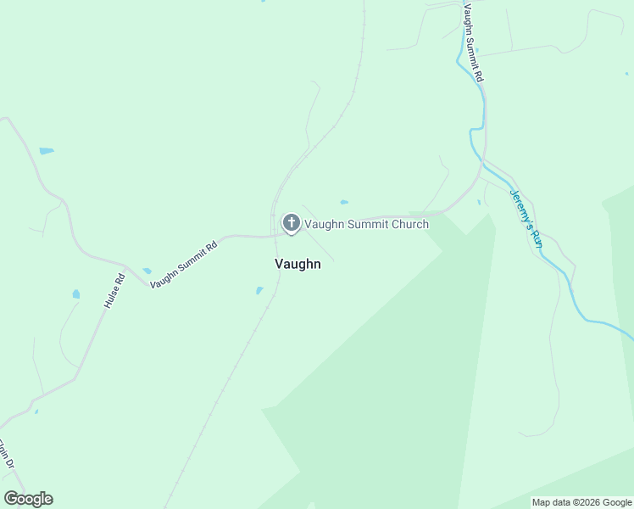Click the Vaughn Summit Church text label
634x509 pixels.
(x=366, y=224)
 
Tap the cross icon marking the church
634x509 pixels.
(x=291, y=223)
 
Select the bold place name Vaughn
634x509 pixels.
(x=298, y=264)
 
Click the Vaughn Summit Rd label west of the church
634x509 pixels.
(x=184, y=264)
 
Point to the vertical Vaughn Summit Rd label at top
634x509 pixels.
(x=473, y=42)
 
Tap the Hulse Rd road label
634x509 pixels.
(x=114, y=289)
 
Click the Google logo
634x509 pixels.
(x=28, y=499)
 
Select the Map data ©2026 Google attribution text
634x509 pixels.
(x=581, y=502)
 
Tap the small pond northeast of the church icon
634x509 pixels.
(x=343, y=202)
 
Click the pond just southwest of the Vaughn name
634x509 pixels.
(x=259, y=290)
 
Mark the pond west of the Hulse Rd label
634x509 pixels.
(x=76, y=294)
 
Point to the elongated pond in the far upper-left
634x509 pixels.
(x=46, y=151)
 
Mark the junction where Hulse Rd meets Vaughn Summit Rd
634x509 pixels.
(x=126, y=268)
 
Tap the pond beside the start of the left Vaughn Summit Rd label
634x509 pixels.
(x=147, y=271)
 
